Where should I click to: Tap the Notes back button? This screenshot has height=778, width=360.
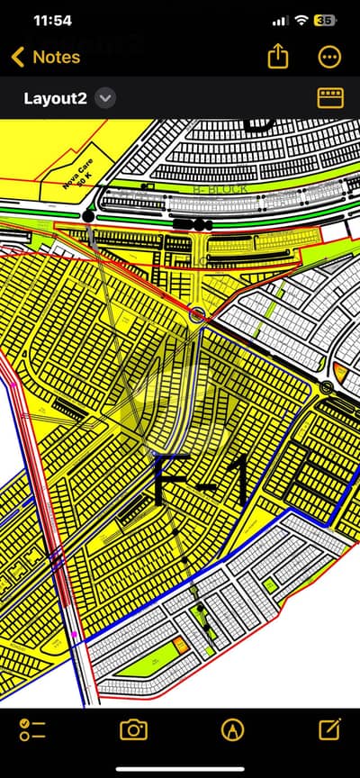tap(45, 57)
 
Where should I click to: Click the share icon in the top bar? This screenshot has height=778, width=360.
tap(278, 56)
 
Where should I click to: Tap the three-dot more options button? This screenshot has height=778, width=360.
tap(330, 57)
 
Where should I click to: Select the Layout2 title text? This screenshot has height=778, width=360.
tap(55, 98)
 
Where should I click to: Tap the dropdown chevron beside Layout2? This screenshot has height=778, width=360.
tap(105, 98)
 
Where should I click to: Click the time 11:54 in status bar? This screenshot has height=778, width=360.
tap(51, 20)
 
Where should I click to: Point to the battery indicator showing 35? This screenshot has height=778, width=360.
tap(325, 20)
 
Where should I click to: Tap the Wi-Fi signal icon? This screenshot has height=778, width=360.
tap(301, 20)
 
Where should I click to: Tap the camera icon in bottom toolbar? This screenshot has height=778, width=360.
tap(133, 729)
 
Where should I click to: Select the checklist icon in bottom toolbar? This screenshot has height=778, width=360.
tap(32, 729)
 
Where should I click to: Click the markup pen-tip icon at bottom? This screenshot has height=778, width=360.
tap(232, 729)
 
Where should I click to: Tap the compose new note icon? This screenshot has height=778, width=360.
tap(330, 728)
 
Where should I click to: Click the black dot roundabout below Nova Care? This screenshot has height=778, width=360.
tap(87, 216)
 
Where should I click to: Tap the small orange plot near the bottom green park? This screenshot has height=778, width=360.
tap(182, 644)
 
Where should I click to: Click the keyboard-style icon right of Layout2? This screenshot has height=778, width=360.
tap(330, 97)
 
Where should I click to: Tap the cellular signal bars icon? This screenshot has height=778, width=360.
tap(280, 20)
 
